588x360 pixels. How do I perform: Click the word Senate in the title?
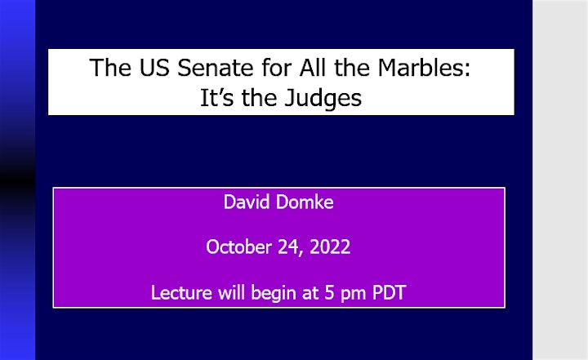pos(216,68)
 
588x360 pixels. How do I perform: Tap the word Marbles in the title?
pos(420,68)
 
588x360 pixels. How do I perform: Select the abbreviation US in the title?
pos(154,68)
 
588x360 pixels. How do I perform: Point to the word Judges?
pos(323,99)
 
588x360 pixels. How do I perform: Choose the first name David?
pos(247,202)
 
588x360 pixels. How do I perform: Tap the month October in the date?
pos(238,247)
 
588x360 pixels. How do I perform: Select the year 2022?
pos(330,247)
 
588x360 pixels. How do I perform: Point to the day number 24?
pos(290,247)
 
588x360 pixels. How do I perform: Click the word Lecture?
pos(181,292)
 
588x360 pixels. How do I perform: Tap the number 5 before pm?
pos(329,292)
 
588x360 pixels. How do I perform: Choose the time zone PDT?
pos(389,292)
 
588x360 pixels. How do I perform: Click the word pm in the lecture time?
pos(353,295)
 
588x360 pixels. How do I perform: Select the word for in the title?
pos(277,68)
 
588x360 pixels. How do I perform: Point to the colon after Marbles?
pos(466,69)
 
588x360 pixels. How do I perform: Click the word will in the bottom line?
pos(231,292)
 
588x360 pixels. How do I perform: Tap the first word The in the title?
pos(110,68)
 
